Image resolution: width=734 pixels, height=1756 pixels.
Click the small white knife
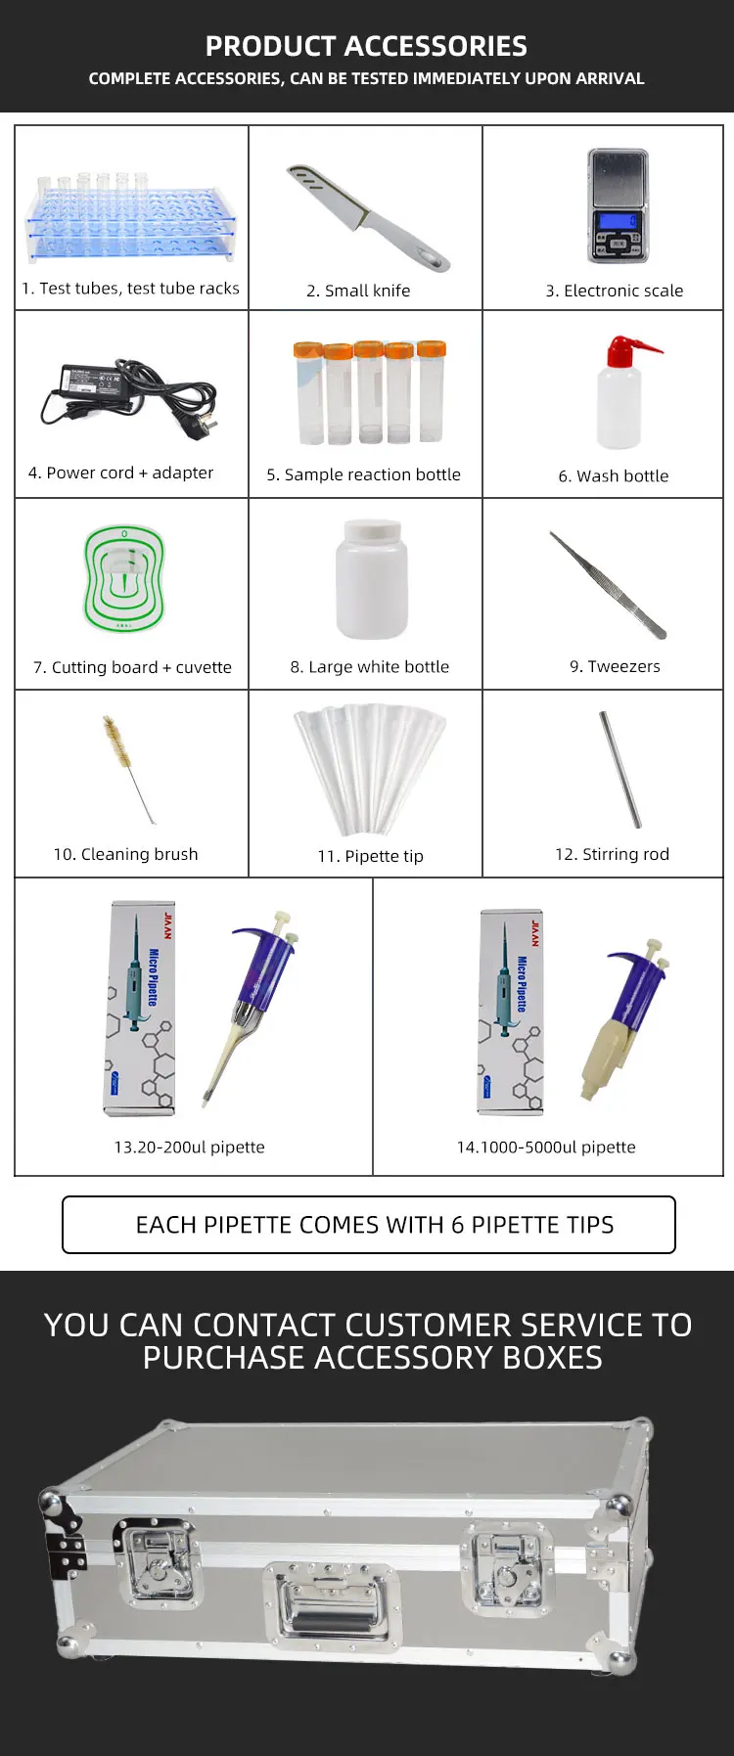368,218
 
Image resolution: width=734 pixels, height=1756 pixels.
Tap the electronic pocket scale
618,205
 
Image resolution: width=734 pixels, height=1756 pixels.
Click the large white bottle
371,578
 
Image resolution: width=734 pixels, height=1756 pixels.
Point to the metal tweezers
608,585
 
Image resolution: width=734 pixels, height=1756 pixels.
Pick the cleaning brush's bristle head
115,741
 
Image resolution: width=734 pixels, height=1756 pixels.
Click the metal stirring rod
620,769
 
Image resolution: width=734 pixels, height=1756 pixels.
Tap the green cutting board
123,578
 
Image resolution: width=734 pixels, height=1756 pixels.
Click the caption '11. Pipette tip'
370,856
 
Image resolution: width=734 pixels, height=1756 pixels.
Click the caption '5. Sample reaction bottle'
363,474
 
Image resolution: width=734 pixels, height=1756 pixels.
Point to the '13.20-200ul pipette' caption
189,1147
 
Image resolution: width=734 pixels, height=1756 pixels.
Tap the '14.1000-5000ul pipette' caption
546,1147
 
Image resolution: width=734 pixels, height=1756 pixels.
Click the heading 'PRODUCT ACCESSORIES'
366,46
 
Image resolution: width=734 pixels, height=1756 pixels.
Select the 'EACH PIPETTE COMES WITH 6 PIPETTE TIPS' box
369,1225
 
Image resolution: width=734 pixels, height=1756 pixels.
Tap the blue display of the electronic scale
618,222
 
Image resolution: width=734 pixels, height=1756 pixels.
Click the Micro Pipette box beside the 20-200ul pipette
141,1009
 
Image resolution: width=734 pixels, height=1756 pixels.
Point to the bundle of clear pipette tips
369,766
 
